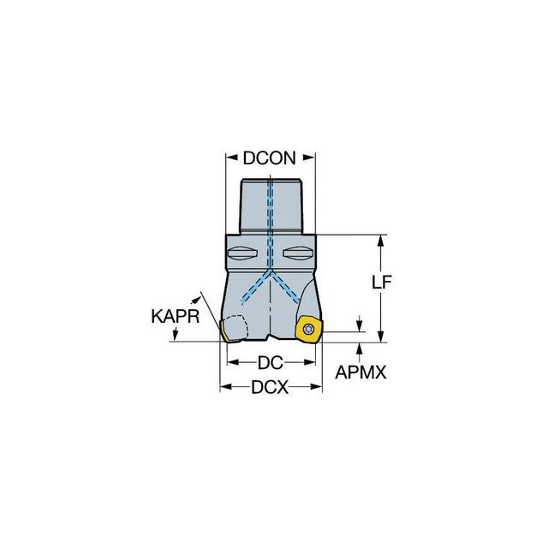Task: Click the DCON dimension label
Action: pos(269,158)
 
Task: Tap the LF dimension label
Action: pos(381,282)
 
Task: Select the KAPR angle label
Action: pos(176,317)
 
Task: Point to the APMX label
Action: pos(360,372)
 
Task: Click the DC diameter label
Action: pos(271,363)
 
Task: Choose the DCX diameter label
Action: pos(270,387)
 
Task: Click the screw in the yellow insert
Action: pos(308,329)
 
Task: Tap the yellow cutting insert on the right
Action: pos(308,329)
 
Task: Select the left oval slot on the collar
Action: pos(242,253)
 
